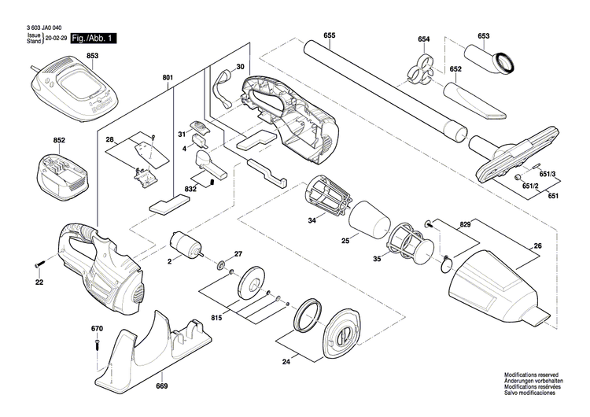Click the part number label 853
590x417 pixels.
tap(92, 55)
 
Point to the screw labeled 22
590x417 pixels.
tap(39, 263)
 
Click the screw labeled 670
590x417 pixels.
tap(97, 342)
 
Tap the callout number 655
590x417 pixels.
tap(329, 36)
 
